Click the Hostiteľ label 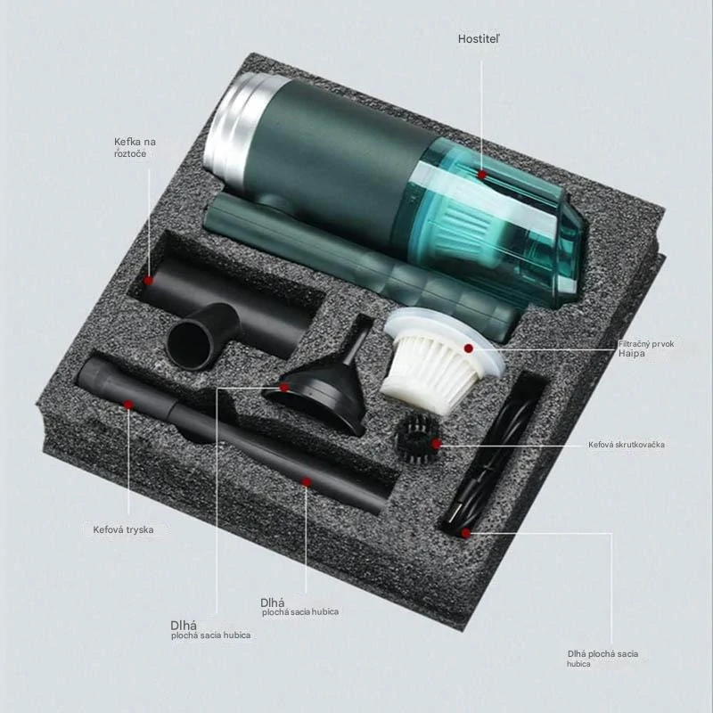(479, 39)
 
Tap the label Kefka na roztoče (135, 147)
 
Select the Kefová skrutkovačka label (627, 445)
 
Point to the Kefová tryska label (123, 529)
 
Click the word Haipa (632, 353)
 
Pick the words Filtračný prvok (645, 344)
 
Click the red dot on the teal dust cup (482, 174)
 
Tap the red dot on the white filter (469, 348)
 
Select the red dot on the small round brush (437, 444)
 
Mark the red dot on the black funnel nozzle (284, 388)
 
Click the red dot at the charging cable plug (465, 533)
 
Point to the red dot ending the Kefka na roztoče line (148, 281)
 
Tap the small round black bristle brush (417, 438)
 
